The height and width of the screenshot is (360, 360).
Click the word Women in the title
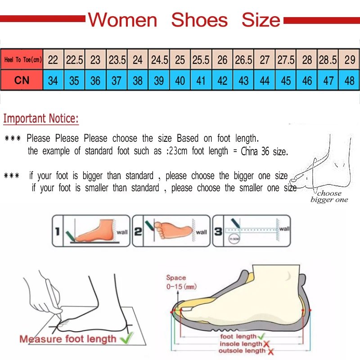click(122, 20)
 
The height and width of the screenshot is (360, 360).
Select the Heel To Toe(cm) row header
click(22, 59)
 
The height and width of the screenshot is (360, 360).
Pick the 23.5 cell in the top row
click(117, 59)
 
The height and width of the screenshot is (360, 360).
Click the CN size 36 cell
click(95, 81)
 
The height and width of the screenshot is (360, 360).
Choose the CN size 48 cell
click(349, 81)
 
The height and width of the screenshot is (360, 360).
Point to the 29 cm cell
click(349, 59)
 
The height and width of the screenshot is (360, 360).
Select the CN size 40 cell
click(180, 81)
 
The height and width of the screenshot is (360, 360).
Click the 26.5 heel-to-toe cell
click(243, 59)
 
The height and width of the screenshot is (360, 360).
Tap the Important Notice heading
click(41, 119)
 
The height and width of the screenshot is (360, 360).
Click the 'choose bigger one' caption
click(329, 197)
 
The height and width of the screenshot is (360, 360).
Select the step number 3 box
click(217, 231)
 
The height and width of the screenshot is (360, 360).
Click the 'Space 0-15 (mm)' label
click(180, 282)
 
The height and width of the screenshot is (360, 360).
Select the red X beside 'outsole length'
click(270, 351)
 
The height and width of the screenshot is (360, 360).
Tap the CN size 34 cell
click(53, 81)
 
